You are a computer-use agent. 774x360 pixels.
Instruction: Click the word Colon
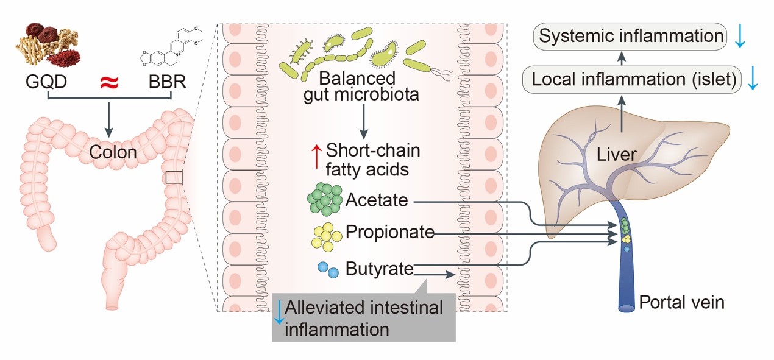(x=112, y=152)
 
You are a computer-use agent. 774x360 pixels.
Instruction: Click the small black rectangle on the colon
(x=174, y=177)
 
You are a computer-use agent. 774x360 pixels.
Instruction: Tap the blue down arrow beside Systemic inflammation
(x=740, y=37)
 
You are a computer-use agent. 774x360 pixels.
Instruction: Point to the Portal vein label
(x=681, y=302)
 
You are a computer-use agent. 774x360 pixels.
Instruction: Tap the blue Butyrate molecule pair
(x=328, y=269)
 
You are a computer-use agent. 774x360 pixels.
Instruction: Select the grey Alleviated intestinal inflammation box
(x=364, y=317)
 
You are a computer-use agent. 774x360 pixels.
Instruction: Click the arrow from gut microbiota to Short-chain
(x=364, y=122)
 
